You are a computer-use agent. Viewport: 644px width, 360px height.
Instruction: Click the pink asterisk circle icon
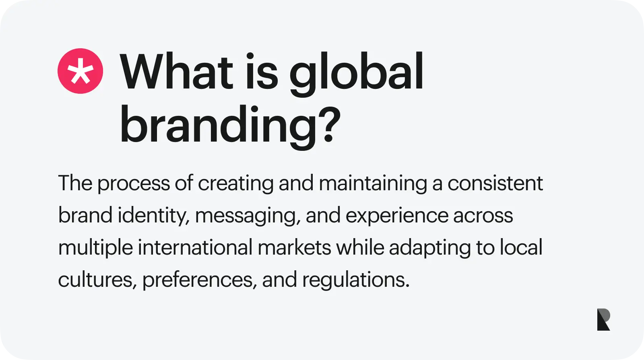(80, 71)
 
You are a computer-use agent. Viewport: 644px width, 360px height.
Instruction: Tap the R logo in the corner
(603, 319)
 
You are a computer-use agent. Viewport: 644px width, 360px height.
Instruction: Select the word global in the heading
(357, 74)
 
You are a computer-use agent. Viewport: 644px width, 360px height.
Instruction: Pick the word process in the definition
(133, 184)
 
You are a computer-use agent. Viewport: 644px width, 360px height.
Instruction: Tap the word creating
(236, 183)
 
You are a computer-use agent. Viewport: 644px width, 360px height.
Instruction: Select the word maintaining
(373, 183)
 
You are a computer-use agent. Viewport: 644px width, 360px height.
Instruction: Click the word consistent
(495, 183)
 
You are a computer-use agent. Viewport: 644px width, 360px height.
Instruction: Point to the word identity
(154, 216)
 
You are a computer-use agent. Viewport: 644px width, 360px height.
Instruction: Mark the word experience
(397, 216)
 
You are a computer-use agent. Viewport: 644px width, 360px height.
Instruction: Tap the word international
(195, 247)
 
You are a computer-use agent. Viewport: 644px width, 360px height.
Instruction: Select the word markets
(294, 247)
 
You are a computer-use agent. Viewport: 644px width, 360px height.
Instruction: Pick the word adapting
(430, 248)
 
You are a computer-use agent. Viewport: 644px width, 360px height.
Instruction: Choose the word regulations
(356, 280)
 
